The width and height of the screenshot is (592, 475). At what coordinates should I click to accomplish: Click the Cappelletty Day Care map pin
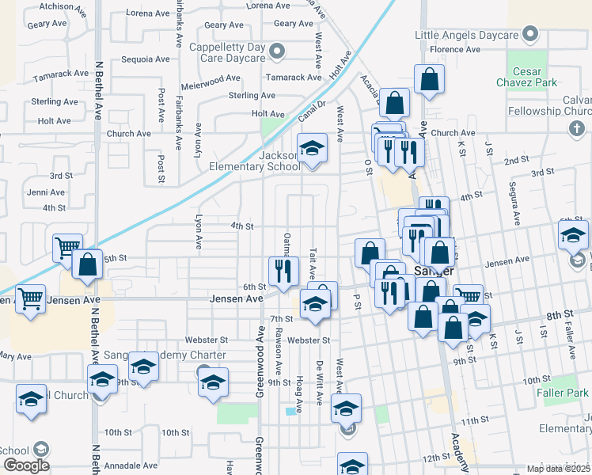(x=276, y=52)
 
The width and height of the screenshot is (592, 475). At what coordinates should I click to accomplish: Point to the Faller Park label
(x=567, y=393)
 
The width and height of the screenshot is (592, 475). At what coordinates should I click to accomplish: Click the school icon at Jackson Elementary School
(x=312, y=148)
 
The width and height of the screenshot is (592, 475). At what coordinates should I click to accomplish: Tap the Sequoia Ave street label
(x=145, y=59)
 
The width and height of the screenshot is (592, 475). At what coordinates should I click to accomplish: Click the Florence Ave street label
(x=455, y=49)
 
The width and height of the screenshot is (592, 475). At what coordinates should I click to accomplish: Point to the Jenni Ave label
(x=46, y=192)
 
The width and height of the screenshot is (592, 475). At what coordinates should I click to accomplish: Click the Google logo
(x=26, y=465)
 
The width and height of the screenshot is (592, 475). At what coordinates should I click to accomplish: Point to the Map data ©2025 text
(x=558, y=469)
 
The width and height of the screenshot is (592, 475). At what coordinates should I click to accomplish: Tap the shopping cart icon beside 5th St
(x=67, y=248)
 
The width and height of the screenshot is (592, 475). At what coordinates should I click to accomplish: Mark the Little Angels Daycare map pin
(x=530, y=35)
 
